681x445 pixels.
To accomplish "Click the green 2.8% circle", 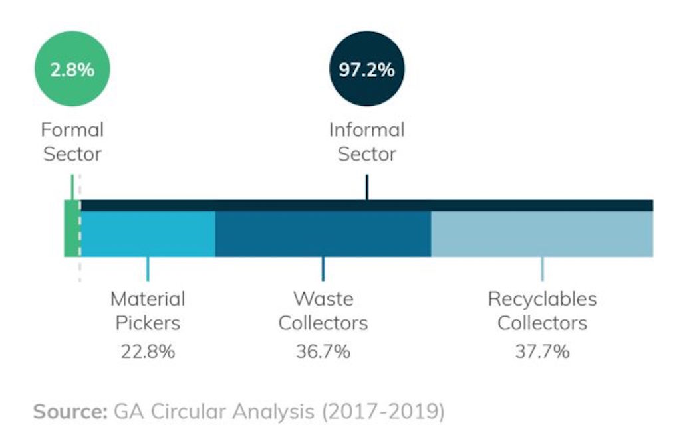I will click(x=72, y=69).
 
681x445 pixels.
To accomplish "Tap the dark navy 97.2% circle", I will click(x=366, y=69).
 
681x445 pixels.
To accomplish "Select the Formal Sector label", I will click(x=72, y=141).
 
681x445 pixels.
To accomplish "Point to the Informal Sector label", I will click(x=366, y=141).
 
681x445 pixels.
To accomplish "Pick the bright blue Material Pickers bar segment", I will click(x=148, y=234).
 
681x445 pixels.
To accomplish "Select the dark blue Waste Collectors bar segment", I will click(x=323, y=234).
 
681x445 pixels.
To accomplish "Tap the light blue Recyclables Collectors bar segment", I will click(x=542, y=234).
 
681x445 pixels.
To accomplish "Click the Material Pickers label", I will click(x=148, y=311).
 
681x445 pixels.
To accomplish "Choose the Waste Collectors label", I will click(x=323, y=311).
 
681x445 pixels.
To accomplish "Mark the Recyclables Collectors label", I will click(x=542, y=311).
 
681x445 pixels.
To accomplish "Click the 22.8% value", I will click(x=148, y=351).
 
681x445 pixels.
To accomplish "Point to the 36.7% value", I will click(x=323, y=351).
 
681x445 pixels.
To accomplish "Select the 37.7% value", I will click(x=542, y=351).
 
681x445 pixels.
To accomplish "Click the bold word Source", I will click(x=69, y=411).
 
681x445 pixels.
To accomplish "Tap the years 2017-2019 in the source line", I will click(x=382, y=412).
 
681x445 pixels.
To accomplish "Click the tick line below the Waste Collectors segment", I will click(x=323, y=268).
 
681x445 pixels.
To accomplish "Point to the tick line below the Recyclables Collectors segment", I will click(x=542, y=268).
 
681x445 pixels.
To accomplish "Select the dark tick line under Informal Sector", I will click(x=366, y=187).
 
